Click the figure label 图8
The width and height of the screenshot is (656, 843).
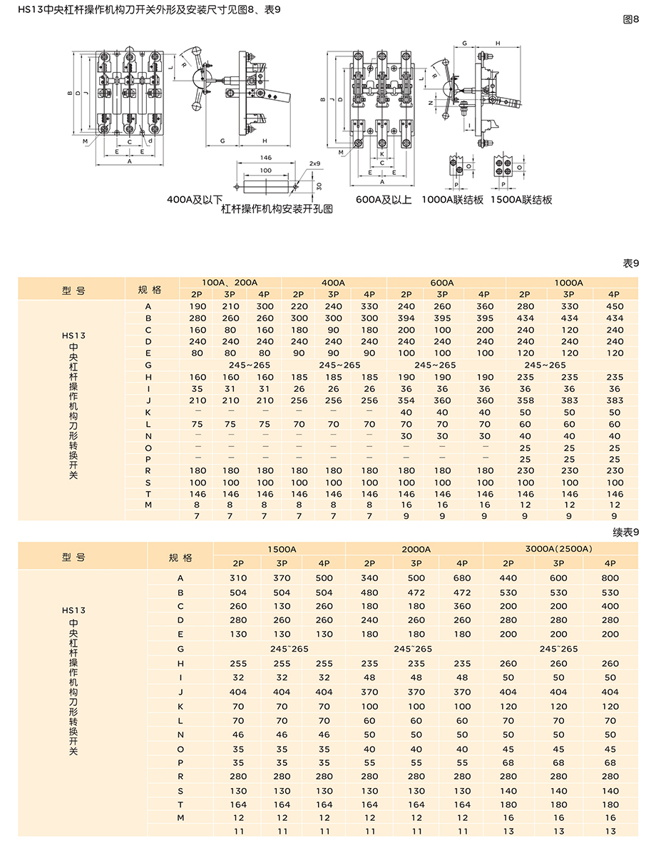click(631, 19)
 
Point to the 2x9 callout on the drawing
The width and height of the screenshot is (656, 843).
click(315, 163)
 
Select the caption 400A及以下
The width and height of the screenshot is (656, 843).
click(195, 200)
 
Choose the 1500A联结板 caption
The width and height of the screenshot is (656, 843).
click(521, 200)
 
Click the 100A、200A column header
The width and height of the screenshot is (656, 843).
click(230, 283)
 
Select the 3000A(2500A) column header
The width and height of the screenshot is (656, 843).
click(558, 549)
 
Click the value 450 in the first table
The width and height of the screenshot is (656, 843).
click(614, 307)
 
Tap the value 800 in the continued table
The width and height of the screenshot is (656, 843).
click(610, 578)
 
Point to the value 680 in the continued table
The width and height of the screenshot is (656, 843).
click(462, 578)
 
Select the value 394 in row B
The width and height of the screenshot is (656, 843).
click(406, 318)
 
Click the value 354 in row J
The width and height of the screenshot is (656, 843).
click(406, 400)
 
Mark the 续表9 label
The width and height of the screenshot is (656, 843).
click(626, 531)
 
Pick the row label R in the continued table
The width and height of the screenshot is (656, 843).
click(181, 776)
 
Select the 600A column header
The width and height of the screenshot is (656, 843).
click(442, 283)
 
